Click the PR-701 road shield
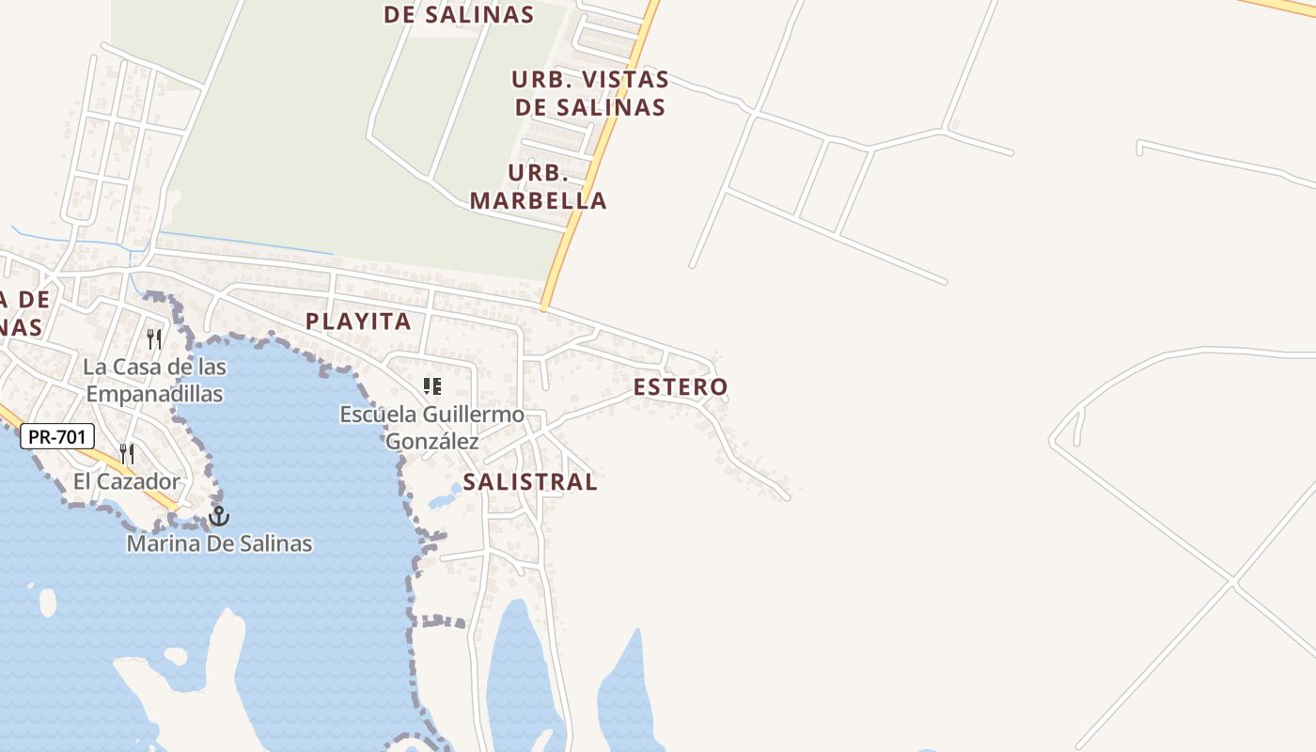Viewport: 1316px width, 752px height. click(57, 436)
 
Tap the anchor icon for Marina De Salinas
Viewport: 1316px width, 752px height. click(219, 515)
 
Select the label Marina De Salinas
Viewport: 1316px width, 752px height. click(219, 543)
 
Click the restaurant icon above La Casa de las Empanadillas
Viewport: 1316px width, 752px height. click(154, 338)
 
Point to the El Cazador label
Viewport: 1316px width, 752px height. click(127, 482)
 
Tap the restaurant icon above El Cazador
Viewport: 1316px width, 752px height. click(127, 454)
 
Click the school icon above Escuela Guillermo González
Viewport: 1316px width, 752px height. click(432, 385)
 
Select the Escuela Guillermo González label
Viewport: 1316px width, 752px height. click(432, 428)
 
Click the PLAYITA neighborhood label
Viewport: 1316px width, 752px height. click(358, 321)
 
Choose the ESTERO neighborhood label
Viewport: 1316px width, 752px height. click(680, 386)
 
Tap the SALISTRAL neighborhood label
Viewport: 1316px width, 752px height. click(530, 482)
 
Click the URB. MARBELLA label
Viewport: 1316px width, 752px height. click(539, 187)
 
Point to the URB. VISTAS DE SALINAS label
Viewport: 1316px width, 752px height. click(590, 93)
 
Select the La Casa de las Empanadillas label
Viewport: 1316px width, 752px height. click(154, 380)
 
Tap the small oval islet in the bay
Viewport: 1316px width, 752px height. click(47, 602)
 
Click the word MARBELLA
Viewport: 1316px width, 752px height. click(539, 200)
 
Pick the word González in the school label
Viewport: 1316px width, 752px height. click(432, 441)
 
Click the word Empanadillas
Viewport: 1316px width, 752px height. click(154, 393)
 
